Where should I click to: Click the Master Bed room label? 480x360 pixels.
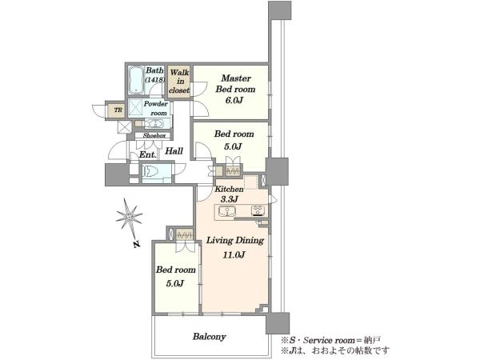[235, 83]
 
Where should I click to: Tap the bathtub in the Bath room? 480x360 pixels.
[136, 80]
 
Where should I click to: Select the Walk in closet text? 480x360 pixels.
[179, 82]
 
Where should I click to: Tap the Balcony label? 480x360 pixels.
[210, 337]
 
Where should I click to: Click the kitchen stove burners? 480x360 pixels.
[258, 210]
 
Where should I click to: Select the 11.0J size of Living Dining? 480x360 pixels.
[234, 254]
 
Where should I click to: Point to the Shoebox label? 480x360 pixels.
[154, 135]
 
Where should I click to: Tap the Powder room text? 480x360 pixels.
[156, 108]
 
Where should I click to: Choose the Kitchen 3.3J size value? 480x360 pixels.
[230, 199]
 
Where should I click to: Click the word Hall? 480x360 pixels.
[174, 151]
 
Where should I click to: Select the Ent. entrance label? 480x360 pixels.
[148, 155]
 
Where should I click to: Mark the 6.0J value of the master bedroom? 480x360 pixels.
[234, 101]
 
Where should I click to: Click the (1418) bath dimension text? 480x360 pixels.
[155, 79]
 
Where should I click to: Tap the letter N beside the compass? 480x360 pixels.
[137, 244]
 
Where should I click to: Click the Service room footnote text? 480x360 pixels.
[331, 340]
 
